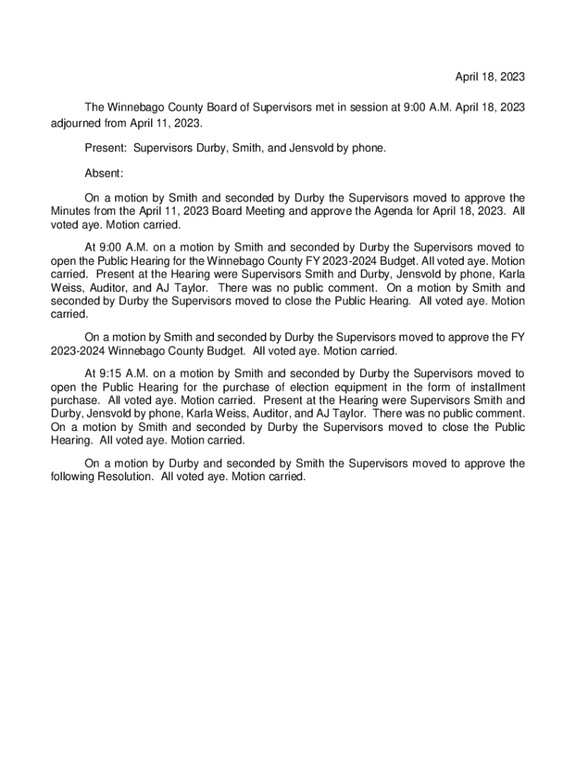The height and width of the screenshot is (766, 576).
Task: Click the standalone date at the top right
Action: [x=490, y=77]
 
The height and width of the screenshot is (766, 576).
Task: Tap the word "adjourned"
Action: [x=78, y=123]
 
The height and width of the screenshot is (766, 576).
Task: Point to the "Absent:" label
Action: [x=104, y=174]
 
